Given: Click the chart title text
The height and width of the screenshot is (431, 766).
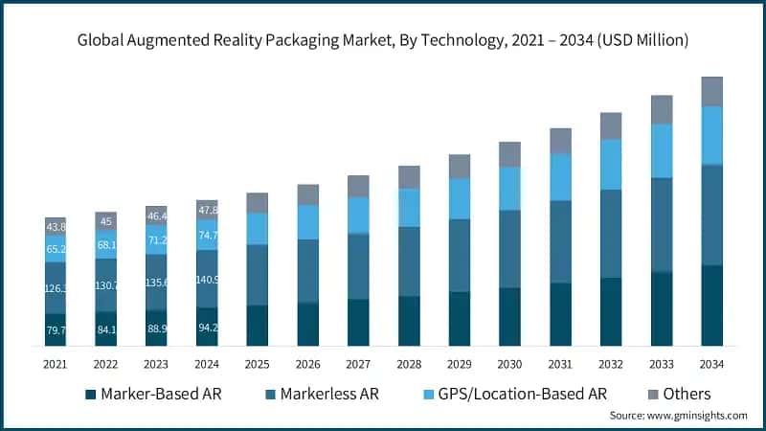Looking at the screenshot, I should click(383, 40).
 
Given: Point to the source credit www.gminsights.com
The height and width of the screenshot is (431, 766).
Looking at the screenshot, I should click(678, 415).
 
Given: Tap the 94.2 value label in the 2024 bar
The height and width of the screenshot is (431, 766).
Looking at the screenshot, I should click(207, 327).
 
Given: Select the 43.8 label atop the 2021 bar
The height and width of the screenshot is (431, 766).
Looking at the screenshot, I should click(56, 227).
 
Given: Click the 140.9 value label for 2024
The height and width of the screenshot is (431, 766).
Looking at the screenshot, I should click(207, 281).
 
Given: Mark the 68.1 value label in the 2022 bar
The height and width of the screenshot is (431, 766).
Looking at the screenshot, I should click(106, 244).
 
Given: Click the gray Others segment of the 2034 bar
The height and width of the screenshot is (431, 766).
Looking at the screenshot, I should click(711, 91).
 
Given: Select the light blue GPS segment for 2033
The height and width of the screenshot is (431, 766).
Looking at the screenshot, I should click(662, 150).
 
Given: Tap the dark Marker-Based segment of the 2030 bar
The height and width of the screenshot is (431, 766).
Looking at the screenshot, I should click(510, 316).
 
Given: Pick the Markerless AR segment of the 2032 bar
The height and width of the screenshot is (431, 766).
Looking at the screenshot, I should click(611, 233).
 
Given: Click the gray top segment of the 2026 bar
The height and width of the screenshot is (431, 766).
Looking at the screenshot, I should click(308, 194).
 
